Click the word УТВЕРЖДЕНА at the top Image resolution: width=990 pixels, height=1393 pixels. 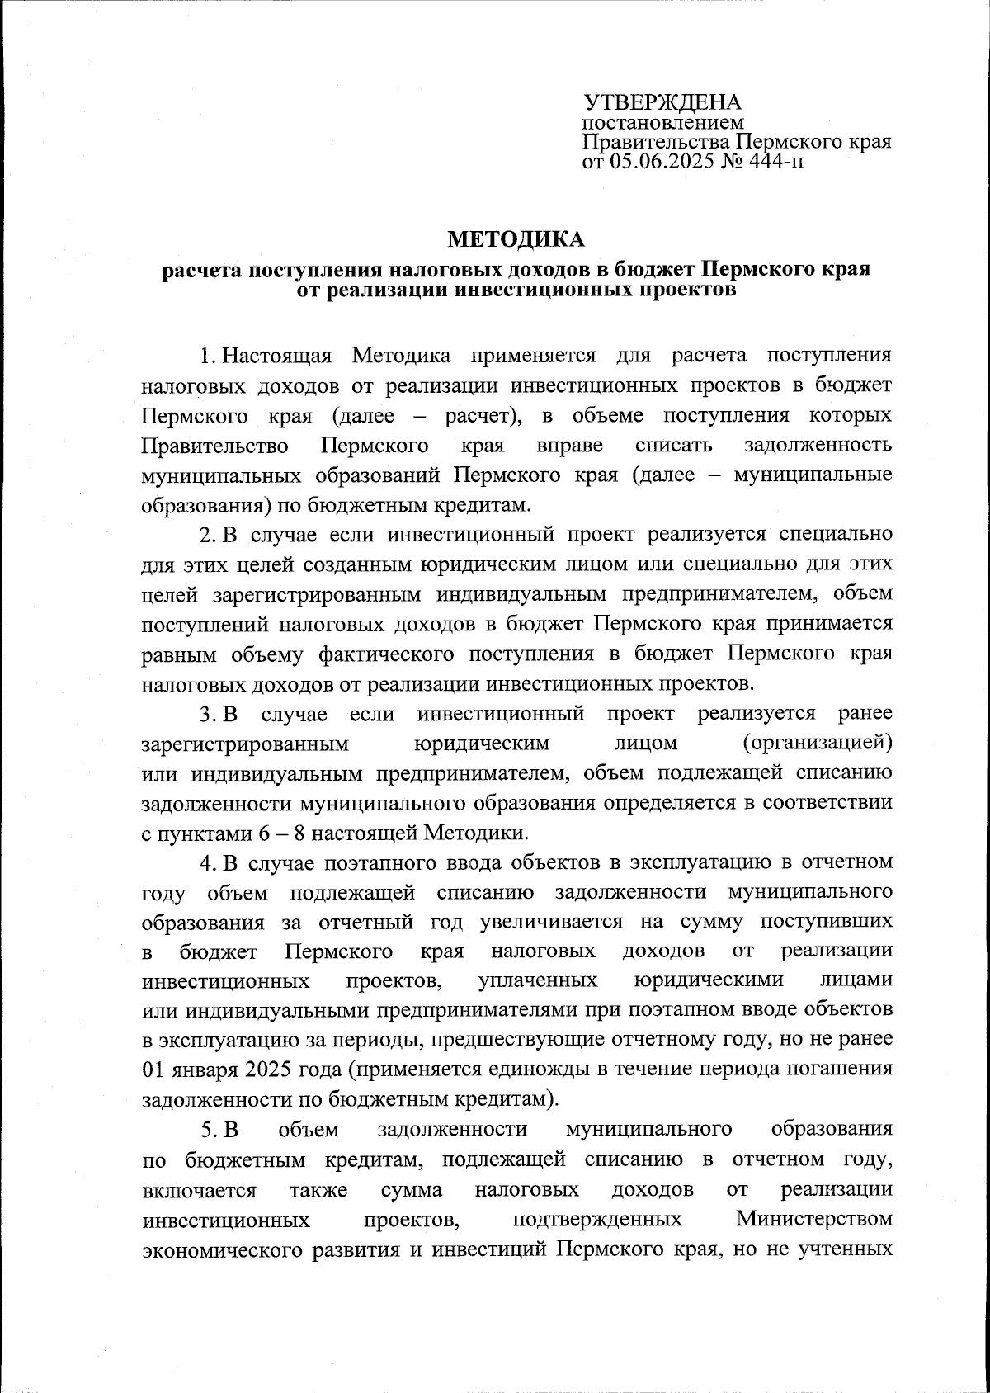pyautogui.click(x=663, y=103)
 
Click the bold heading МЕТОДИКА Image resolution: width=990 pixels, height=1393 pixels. pyautogui.click(x=516, y=240)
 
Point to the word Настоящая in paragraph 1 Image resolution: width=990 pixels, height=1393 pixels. pyautogui.click(x=277, y=356)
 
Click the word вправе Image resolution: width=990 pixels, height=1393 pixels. pyautogui.click(x=569, y=446)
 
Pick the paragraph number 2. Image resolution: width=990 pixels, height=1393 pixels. pyautogui.click(x=207, y=534)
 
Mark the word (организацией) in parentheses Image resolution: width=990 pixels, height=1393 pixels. pyautogui.click(x=817, y=744)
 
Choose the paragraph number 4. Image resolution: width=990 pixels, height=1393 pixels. pyautogui.click(x=207, y=863)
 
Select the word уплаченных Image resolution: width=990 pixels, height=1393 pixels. pyautogui.click(x=538, y=981)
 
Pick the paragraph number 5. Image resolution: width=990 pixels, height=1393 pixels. pyautogui.click(x=207, y=1130)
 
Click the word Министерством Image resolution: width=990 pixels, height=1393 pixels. pyautogui.click(x=814, y=1219)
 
